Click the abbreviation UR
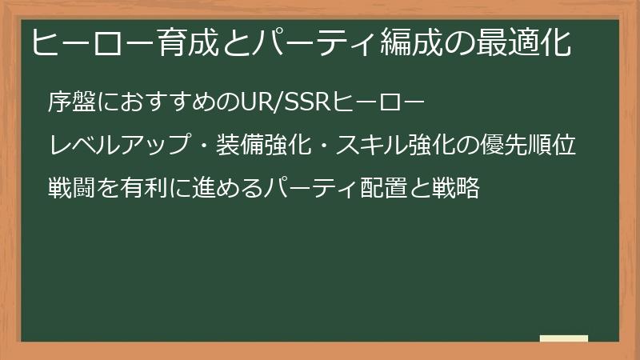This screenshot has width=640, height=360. [x=258, y=102]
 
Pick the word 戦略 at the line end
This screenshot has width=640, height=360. [x=455, y=189]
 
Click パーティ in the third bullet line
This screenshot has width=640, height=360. [x=308, y=189]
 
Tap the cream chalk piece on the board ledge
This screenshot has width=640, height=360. [x=564, y=338]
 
